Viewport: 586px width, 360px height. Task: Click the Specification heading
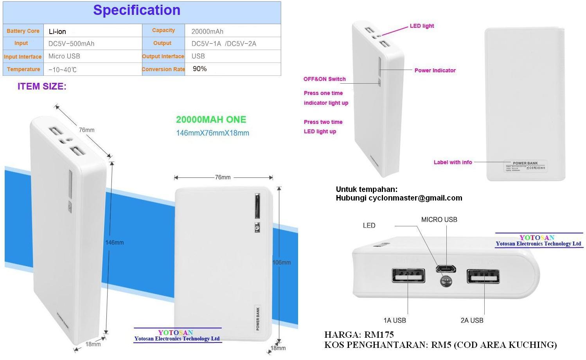pos(137,11)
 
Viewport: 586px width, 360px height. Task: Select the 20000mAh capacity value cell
pos(207,31)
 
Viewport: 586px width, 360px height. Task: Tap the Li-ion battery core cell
pos(58,32)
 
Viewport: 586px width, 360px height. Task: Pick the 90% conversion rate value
pos(200,69)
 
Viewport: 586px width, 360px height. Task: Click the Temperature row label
pos(23,69)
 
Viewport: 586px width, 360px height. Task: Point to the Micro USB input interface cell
pos(64,56)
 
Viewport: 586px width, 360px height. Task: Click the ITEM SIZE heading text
pos(42,86)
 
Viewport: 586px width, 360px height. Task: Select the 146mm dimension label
pos(114,242)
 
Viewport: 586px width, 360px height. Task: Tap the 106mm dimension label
pos(282,262)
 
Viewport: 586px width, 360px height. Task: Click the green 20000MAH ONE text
pos(211,120)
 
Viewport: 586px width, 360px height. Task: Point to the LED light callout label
pos(422,26)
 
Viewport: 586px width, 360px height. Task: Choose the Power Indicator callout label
pos(435,70)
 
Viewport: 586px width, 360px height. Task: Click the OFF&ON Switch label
pos(324,79)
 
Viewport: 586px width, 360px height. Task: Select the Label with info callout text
pos(453,162)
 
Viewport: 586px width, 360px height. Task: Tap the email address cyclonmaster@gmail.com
pos(415,198)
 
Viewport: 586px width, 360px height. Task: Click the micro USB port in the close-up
pos(446,269)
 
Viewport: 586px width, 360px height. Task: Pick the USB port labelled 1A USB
pos(409,276)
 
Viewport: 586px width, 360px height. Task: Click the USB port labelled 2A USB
pos(483,276)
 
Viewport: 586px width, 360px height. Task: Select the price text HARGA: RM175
pos(359,335)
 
